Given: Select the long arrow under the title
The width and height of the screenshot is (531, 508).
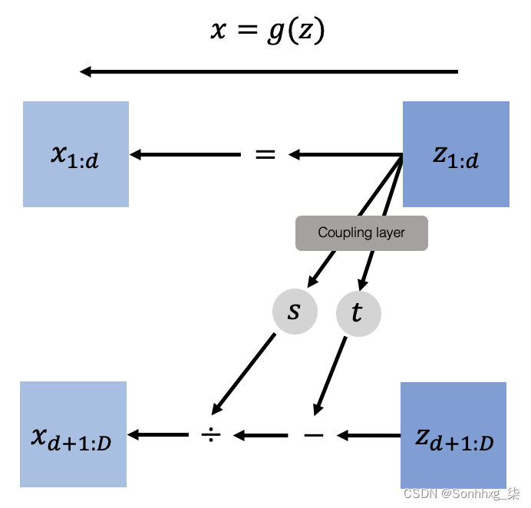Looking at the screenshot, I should (x=269, y=72).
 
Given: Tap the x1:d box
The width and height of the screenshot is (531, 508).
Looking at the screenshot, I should (x=76, y=154).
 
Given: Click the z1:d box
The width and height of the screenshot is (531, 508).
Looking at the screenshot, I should (x=456, y=154).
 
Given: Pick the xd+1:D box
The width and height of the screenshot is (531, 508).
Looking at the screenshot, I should (x=73, y=434).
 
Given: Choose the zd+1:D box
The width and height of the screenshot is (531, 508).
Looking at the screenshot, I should (x=453, y=434).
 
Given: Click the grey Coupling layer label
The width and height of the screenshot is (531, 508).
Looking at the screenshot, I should (x=361, y=233).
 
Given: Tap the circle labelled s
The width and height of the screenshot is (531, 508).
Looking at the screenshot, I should (x=295, y=312).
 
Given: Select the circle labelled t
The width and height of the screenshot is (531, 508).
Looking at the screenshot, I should (x=358, y=313).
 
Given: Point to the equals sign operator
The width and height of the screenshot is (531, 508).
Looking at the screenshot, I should (x=265, y=155).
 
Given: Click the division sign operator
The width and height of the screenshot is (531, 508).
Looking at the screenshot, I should (x=211, y=435).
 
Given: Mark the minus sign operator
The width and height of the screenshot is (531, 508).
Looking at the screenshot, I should (x=314, y=435).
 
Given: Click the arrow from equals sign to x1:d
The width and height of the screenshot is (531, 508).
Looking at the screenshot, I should (x=184, y=155).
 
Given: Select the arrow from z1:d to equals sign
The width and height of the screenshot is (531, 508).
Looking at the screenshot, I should (x=345, y=156).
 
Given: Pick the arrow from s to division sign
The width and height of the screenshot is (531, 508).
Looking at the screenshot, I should (x=244, y=372).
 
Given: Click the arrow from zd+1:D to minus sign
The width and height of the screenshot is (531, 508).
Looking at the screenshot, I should (x=368, y=436).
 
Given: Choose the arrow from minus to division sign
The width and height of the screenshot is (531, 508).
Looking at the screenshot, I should (x=261, y=436).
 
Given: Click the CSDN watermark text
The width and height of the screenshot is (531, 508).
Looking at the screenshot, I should (x=460, y=493).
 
